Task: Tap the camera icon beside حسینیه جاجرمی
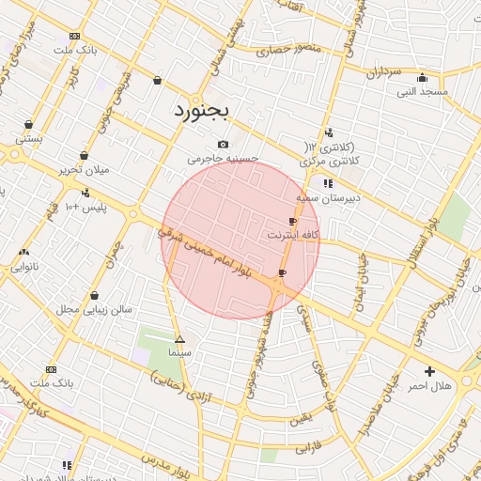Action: point(223,144)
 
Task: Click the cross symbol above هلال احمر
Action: point(430,371)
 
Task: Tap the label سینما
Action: point(179,351)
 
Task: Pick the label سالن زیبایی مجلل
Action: point(94,308)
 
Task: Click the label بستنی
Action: point(27,138)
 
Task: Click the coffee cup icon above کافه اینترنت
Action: point(293,222)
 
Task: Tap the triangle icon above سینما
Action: point(179,339)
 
